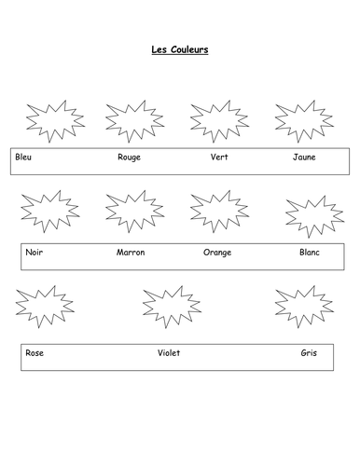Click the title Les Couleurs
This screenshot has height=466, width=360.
point(180,51)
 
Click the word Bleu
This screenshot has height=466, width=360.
point(24,157)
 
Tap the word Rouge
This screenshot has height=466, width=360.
point(129,157)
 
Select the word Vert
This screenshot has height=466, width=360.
point(219,157)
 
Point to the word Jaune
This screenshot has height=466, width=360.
point(304,157)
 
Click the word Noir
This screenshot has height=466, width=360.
point(35,253)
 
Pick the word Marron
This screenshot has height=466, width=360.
point(131,253)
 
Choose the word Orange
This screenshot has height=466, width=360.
point(217,253)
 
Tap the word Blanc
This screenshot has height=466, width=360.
point(310,253)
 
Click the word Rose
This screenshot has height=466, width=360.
point(35,353)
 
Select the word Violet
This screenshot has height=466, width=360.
point(169,353)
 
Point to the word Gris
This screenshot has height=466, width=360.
point(309,353)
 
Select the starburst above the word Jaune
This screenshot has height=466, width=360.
point(303,120)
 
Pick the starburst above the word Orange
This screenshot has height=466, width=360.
point(218,212)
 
